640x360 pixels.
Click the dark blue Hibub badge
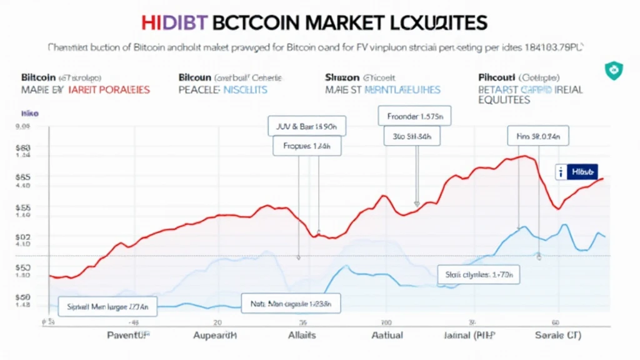tap(576, 171)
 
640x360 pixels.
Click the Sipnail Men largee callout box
tap(108, 307)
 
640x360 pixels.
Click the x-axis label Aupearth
tap(215, 336)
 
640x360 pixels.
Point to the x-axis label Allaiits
tap(301, 336)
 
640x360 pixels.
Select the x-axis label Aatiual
tap(387, 336)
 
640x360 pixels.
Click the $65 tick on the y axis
tap(22, 177)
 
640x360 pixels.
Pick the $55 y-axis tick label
tap(22, 207)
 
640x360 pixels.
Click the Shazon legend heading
tap(342, 78)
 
